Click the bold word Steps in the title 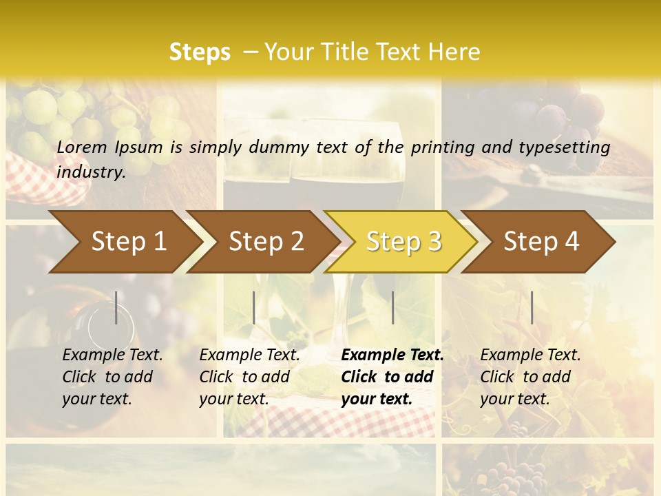[200, 52]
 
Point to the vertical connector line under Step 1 [116, 307]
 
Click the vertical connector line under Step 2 [254, 307]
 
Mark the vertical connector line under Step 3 [392, 307]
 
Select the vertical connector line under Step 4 [532, 307]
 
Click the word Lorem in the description [82, 147]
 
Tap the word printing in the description [441, 147]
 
